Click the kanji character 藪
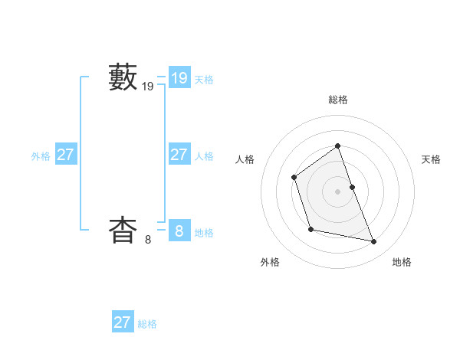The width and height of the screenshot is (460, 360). pyautogui.click(x=123, y=78)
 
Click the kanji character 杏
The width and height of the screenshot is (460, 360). pyautogui.click(x=123, y=230)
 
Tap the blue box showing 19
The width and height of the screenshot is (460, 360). pyautogui.click(x=179, y=77)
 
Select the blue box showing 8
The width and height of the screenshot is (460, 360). pyautogui.click(x=179, y=230)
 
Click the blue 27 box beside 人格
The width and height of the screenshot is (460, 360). pyautogui.click(x=179, y=154)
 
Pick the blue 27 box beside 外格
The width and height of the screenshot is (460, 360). pyautogui.click(x=65, y=154)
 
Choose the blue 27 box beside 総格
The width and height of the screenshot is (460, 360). pyautogui.click(x=122, y=322)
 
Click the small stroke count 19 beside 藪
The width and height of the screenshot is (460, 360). pyautogui.click(x=148, y=87)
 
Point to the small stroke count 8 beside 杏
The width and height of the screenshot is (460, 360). pyautogui.click(x=148, y=240)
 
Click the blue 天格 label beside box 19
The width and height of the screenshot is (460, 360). pyautogui.click(x=204, y=80)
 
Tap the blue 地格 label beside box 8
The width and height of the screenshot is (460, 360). pyautogui.click(x=204, y=233)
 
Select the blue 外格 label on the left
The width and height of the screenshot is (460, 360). pyautogui.click(x=41, y=156)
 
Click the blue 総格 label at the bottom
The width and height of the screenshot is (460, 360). pyautogui.click(x=147, y=324)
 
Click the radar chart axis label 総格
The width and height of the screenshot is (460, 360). pyautogui.click(x=338, y=100)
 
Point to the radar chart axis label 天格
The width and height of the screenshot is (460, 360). pyautogui.click(x=431, y=159)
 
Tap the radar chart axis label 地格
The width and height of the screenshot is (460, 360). pyautogui.click(x=402, y=263)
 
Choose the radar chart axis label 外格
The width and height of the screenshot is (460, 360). pyautogui.click(x=270, y=263)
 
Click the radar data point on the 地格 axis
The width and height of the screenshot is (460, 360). pyautogui.click(x=374, y=242)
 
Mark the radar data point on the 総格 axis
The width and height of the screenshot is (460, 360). pyautogui.click(x=337, y=146)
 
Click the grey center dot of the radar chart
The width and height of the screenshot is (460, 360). pyautogui.click(x=337, y=191)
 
